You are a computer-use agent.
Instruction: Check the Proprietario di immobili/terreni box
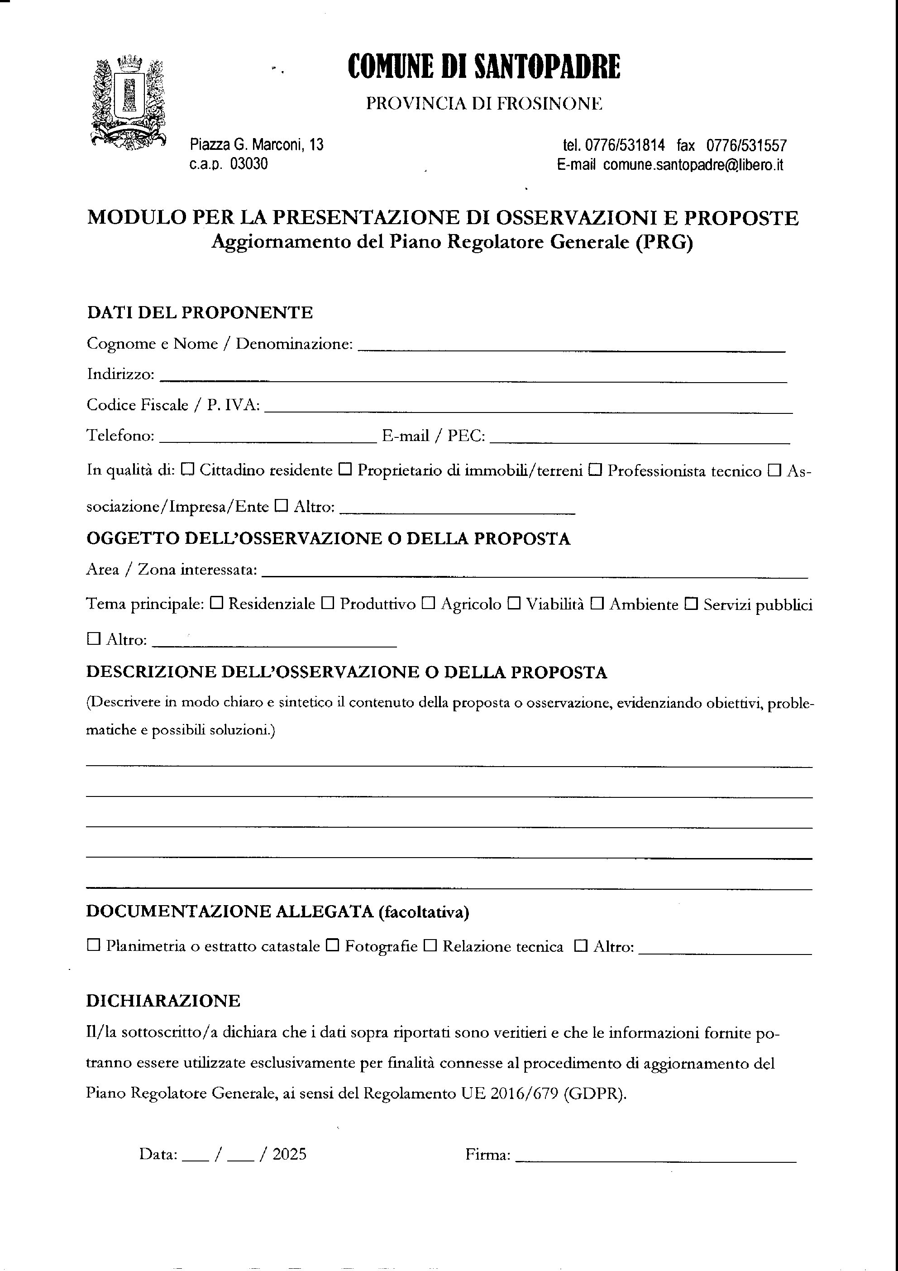point(345,470)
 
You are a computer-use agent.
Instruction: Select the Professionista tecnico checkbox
point(595,470)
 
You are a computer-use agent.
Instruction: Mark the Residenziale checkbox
point(217,604)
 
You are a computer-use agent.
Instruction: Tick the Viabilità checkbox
point(514,604)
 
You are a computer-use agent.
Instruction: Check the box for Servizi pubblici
point(692,604)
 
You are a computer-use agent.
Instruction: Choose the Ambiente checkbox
point(597,604)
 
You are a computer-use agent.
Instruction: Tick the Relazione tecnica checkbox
point(430,945)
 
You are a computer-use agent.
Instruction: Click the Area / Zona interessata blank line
point(534,575)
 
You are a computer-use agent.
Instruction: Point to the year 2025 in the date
point(289,1154)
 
